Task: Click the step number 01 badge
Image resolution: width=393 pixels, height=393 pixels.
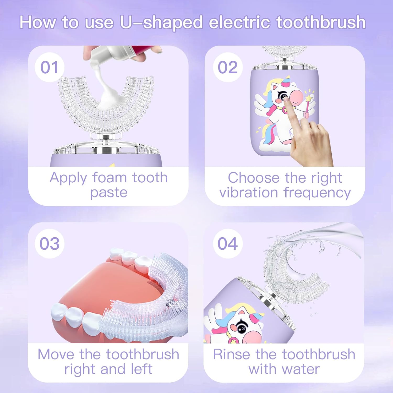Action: (x=50, y=67)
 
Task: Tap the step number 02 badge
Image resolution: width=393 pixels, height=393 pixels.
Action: (x=228, y=67)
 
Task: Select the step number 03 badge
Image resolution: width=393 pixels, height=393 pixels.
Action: (x=50, y=244)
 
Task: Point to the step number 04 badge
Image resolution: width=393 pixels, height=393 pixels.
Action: (x=228, y=244)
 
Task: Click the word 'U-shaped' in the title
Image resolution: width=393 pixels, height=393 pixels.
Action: (x=161, y=23)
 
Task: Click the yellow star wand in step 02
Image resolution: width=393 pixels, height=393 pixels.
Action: (x=309, y=99)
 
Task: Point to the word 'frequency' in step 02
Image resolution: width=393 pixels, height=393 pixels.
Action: (x=317, y=193)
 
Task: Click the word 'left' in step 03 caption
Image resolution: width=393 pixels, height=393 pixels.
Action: (x=141, y=369)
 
